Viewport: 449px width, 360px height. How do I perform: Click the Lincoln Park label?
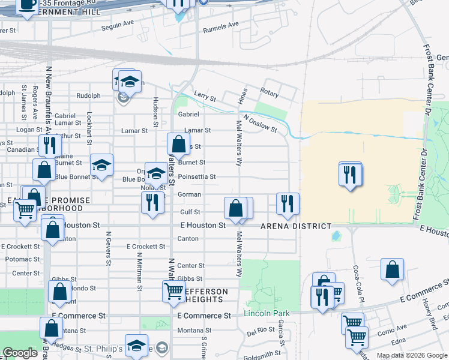(267, 313)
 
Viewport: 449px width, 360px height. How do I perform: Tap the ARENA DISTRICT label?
(296, 226)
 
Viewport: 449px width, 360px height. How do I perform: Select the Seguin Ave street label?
(118, 24)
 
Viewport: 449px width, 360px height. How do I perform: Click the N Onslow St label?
(260, 124)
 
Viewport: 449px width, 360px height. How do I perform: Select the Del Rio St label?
(261, 331)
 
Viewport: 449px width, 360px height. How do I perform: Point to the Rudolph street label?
(88, 95)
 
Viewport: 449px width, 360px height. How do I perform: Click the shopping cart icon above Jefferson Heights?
(174, 291)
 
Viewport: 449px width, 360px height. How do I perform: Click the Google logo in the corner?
(20, 353)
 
